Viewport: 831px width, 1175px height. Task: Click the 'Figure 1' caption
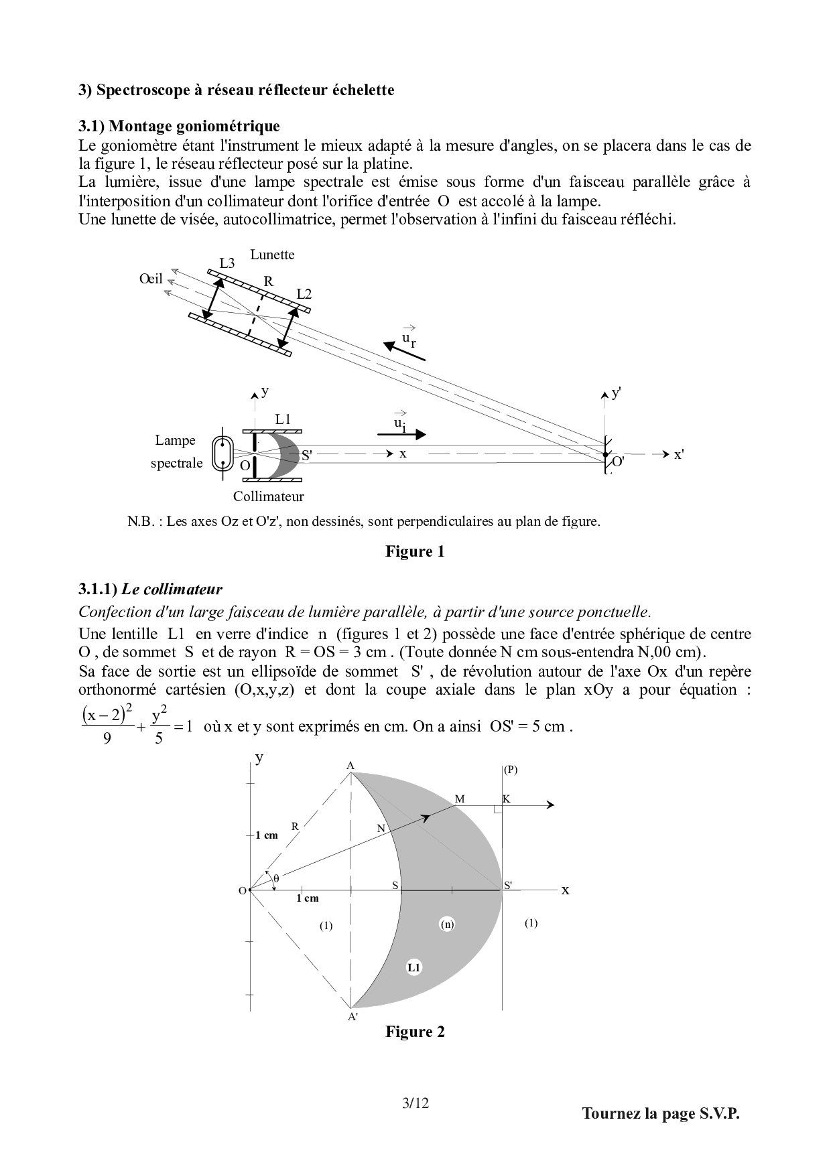tap(414, 551)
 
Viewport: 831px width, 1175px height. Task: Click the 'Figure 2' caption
tap(414, 1032)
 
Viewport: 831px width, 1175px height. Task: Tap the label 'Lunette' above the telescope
tap(272, 255)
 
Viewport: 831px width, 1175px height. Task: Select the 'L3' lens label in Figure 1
tap(227, 263)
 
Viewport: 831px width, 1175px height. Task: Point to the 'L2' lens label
tap(304, 294)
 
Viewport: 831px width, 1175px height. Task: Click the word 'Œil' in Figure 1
tap(151, 278)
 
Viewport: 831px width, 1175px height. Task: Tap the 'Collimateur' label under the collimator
tap(268, 496)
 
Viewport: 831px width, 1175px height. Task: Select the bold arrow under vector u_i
tap(401, 434)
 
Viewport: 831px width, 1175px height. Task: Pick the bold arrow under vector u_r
tap(404, 351)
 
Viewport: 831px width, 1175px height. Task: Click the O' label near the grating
tap(618, 462)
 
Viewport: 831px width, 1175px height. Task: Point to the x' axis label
tap(678, 454)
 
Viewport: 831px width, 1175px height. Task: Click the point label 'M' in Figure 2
tap(460, 799)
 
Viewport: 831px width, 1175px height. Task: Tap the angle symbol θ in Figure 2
tap(275, 876)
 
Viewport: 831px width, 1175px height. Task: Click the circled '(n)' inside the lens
tap(447, 924)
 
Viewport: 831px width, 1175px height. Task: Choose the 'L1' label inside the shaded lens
tap(413, 967)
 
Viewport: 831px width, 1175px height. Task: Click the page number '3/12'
tap(415, 1103)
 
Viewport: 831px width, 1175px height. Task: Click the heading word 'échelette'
tap(363, 90)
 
